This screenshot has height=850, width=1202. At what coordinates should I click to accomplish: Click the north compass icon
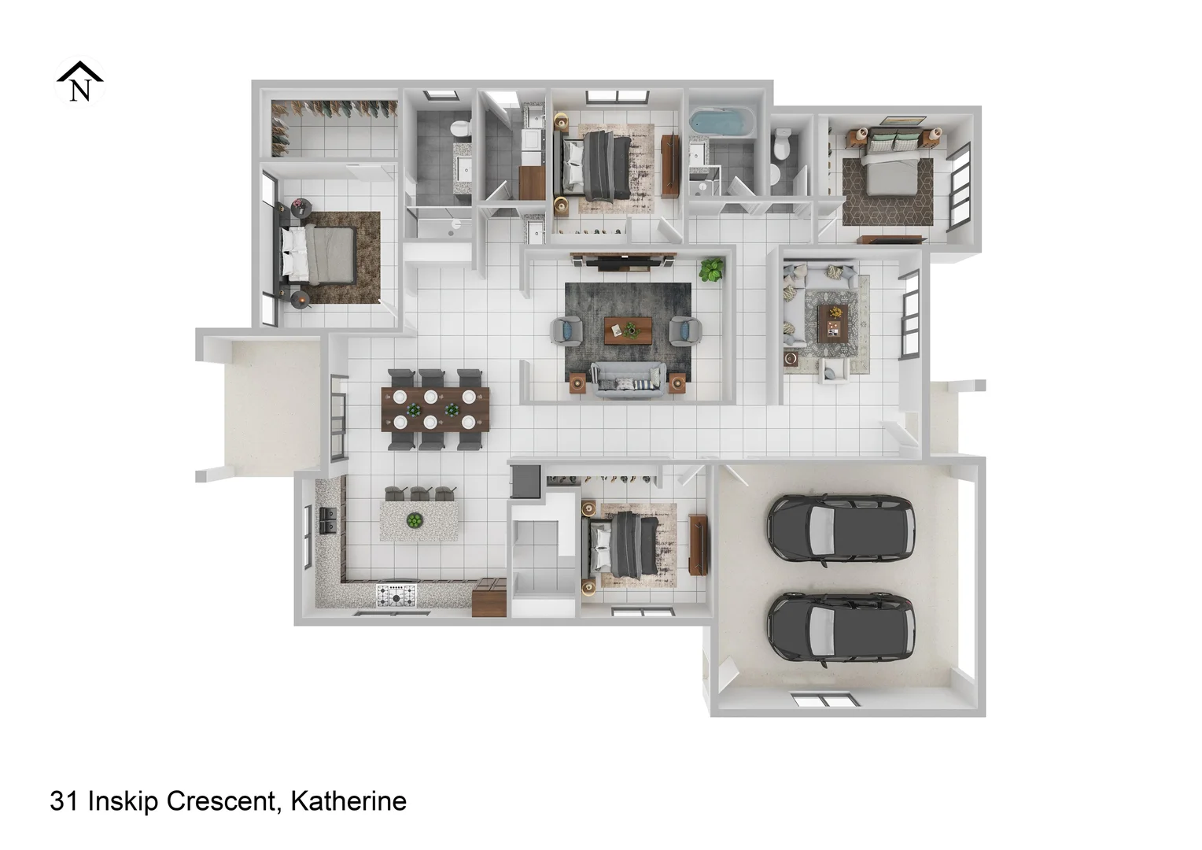pos(79,82)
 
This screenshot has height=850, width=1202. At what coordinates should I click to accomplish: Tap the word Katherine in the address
pos(348,801)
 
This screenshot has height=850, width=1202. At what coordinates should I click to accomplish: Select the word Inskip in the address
pos(121,801)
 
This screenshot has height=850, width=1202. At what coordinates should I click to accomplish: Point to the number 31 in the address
pos(64,801)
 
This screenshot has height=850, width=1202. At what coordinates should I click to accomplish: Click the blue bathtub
pos(721,123)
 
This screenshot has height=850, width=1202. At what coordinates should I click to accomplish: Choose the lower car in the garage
pos(841,627)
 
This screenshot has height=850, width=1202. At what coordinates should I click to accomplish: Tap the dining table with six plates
pos(435,409)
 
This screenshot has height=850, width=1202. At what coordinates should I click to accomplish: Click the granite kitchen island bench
pos(420,520)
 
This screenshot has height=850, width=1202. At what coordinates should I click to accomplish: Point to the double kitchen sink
pos(328,520)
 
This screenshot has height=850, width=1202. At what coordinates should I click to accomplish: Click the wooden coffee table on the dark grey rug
pos(628,331)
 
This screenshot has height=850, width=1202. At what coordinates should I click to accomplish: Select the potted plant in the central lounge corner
pos(712,269)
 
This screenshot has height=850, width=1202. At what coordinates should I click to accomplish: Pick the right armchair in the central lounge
pos(684,330)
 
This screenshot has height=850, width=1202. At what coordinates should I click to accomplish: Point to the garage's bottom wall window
pos(821,700)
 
